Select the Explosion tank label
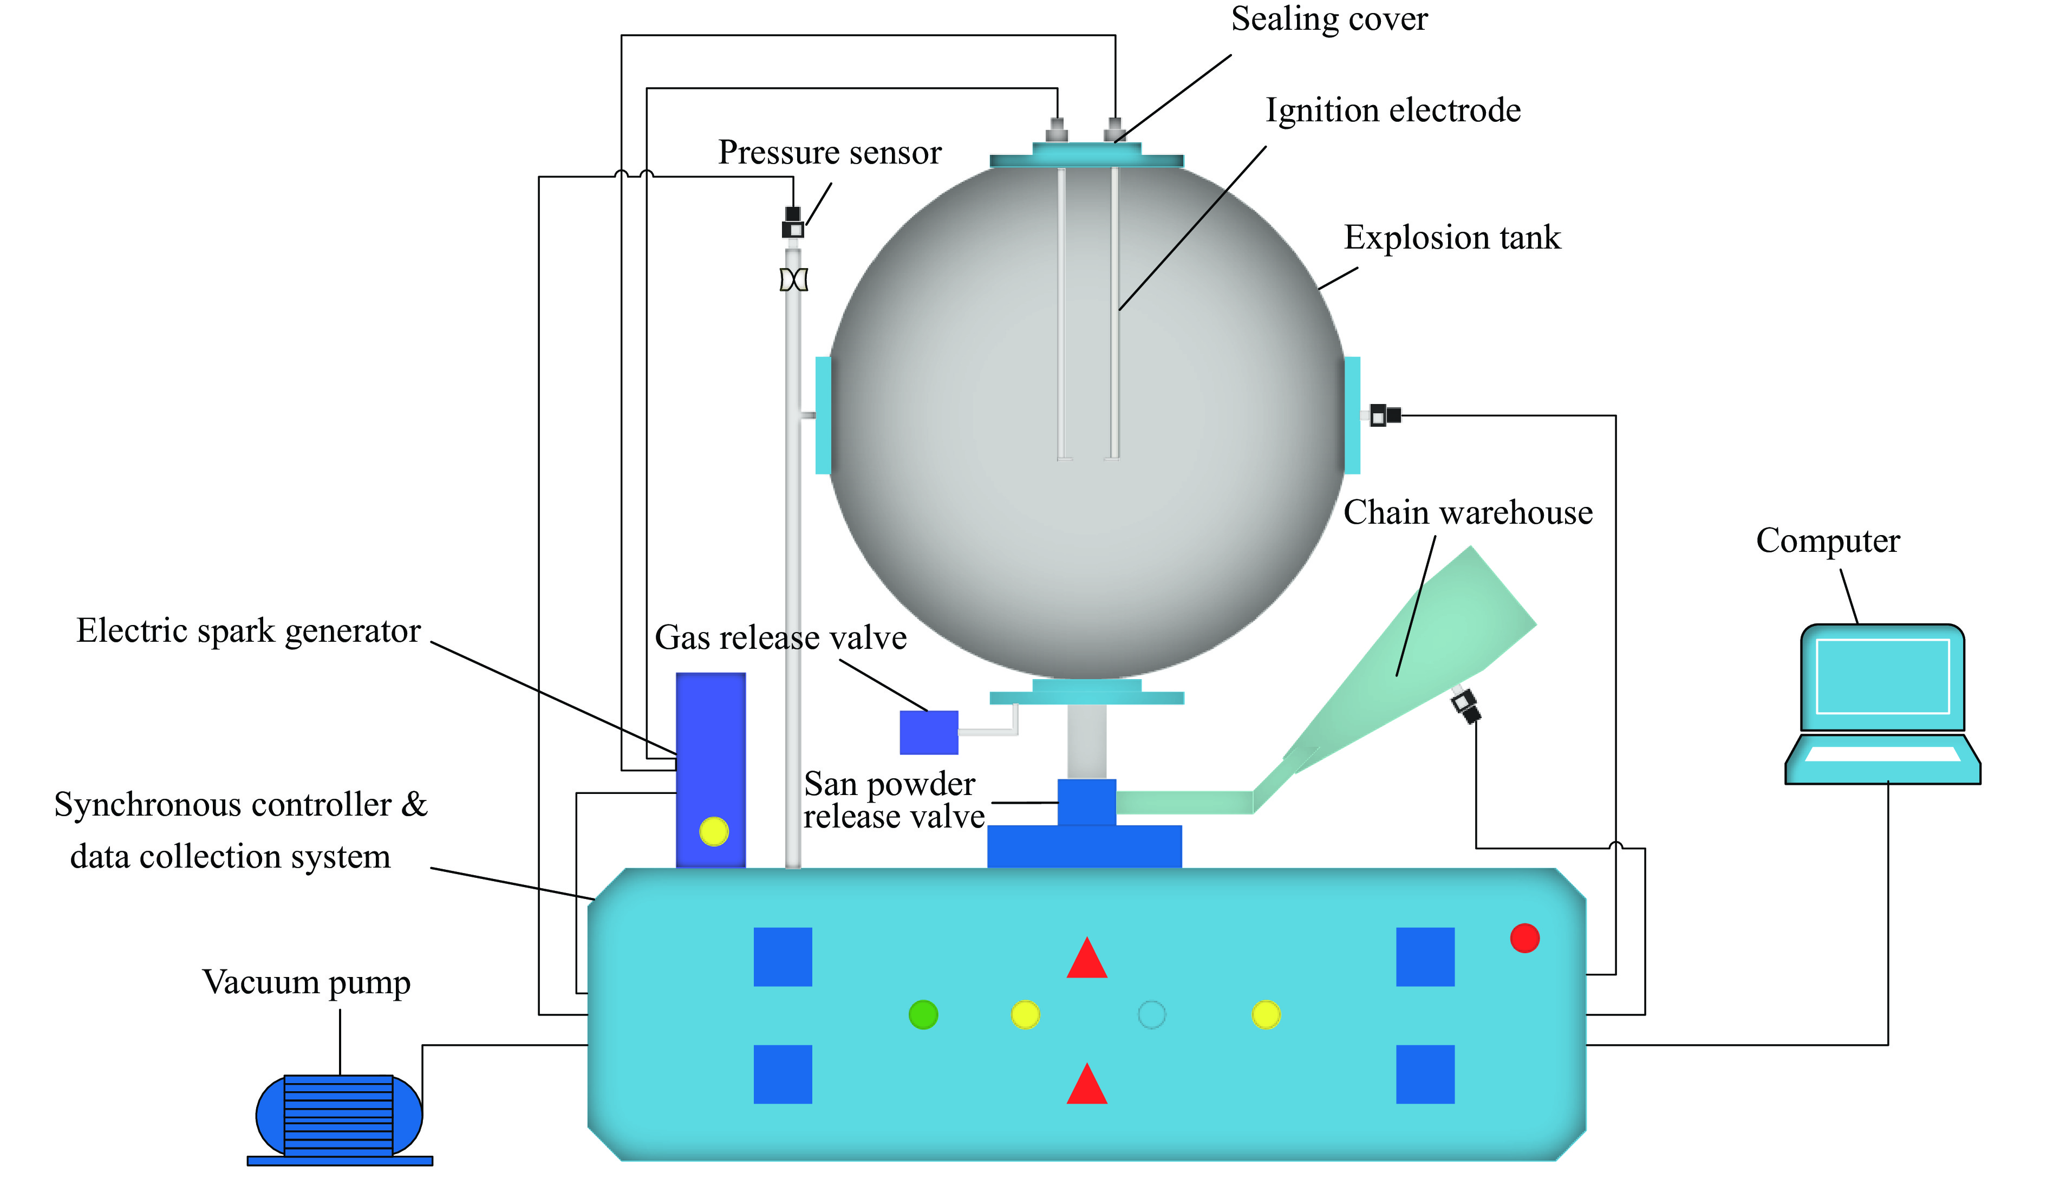[x=1452, y=237]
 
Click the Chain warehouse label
[x=1467, y=512]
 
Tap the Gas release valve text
[x=780, y=637]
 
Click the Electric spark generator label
[x=249, y=630]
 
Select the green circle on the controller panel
[x=923, y=1014]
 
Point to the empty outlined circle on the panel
[x=1151, y=1014]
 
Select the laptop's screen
[x=1882, y=676]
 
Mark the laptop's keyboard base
[x=1882, y=759]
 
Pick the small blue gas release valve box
[x=929, y=732]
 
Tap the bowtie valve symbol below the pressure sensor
[x=793, y=280]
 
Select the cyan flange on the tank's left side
[x=823, y=415]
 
